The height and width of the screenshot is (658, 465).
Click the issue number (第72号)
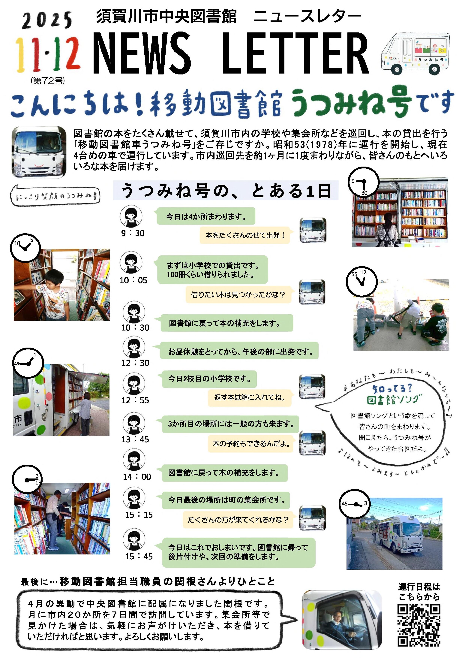(x=48, y=81)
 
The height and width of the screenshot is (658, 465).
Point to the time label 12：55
(x=135, y=400)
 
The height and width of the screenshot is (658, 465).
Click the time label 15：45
(x=139, y=556)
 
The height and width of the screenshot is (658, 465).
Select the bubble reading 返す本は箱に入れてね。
(x=250, y=397)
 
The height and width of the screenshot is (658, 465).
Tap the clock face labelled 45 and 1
(x=28, y=363)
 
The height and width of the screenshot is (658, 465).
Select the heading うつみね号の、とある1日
(x=226, y=191)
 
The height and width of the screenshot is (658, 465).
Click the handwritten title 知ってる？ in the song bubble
(x=392, y=389)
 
